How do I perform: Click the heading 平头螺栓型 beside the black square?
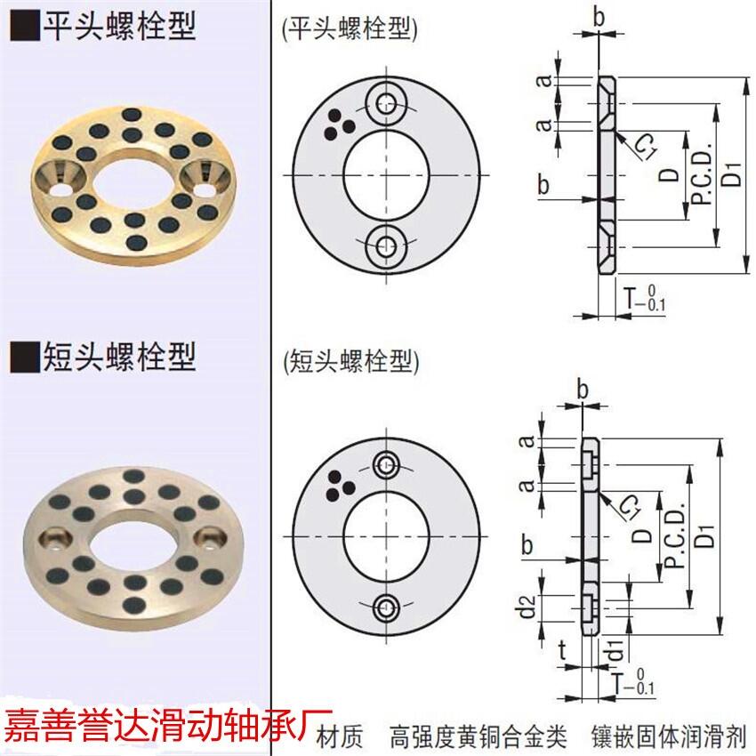pyautogui.click(x=119, y=26)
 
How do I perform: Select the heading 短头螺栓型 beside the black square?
pyautogui.click(x=119, y=357)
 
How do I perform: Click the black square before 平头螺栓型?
pyautogui.click(x=25, y=27)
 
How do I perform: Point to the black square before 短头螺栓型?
pyautogui.click(x=25, y=358)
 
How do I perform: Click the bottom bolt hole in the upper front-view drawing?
pyautogui.click(x=386, y=247)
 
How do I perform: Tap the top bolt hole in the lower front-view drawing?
pyautogui.click(x=386, y=465)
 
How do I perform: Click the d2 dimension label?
pyautogui.click(x=528, y=607)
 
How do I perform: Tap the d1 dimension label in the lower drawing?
pyautogui.click(x=615, y=648)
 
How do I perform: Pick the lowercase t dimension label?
pyautogui.click(x=562, y=650)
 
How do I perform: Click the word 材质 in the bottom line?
pyautogui.click(x=340, y=737)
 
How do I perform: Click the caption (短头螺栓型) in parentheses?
pyautogui.click(x=351, y=362)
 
